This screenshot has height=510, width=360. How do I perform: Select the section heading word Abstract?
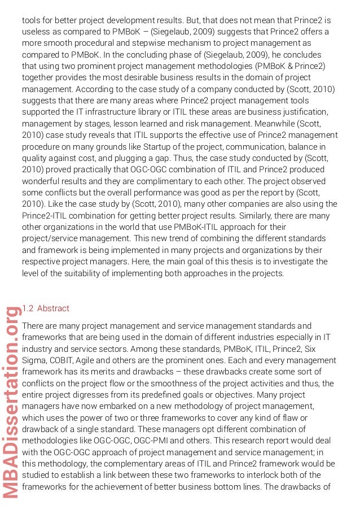pos(53,308)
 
